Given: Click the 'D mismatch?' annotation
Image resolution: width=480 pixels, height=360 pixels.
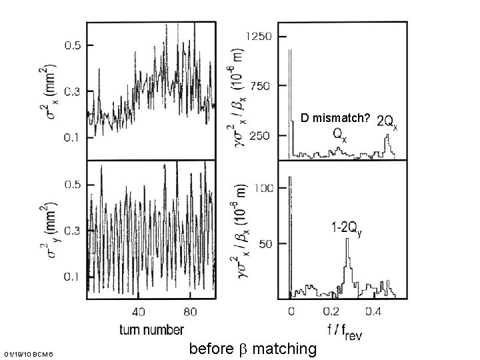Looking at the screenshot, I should click(x=335, y=118).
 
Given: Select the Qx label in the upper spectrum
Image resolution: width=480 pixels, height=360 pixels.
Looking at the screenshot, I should click(x=339, y=135).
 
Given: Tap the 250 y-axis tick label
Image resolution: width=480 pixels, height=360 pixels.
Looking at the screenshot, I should click(x=261, y=135).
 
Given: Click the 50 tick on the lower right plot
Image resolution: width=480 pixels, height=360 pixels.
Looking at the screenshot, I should click(x=265, y=244).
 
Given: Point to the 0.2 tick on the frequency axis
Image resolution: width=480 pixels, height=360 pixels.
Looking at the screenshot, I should click(x=331, y=311).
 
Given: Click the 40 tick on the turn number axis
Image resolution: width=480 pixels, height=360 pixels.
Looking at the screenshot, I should click(x=138, y=311).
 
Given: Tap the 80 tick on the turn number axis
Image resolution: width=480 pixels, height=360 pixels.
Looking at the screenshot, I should click(x=190, y=311).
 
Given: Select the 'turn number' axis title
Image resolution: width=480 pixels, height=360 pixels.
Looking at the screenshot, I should click(x=152, y=329).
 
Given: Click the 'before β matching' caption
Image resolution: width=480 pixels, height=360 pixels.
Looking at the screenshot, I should click(x=253, y=348).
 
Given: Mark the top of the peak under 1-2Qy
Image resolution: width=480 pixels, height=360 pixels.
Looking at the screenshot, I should click(x=347, y=239).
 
